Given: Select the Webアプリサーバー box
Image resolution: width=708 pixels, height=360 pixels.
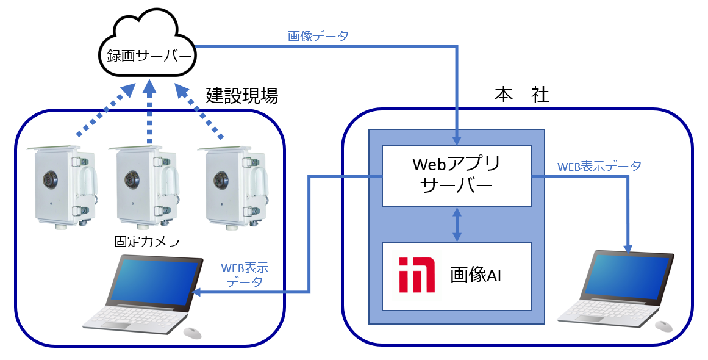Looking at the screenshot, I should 456,176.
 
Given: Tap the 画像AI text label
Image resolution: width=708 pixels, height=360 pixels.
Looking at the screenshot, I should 476,275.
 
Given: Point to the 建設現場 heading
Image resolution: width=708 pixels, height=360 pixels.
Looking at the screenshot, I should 241,95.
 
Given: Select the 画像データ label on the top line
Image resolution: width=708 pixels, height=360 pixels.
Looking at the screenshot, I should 318,36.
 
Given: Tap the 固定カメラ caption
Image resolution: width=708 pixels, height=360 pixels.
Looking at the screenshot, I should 147,241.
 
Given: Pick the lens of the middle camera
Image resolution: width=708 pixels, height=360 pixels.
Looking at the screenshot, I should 130,179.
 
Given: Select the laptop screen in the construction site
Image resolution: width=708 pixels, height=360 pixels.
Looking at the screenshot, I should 156,281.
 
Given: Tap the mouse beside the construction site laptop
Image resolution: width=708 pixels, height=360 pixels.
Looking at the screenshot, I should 192,333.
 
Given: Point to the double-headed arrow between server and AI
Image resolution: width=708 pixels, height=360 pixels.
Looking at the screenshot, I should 456,224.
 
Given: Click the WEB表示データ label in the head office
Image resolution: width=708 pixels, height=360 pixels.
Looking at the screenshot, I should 599,166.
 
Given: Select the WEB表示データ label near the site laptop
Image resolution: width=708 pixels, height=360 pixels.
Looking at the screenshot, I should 245,275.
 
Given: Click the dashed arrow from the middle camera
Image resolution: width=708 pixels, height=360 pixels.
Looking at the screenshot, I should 149,116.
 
